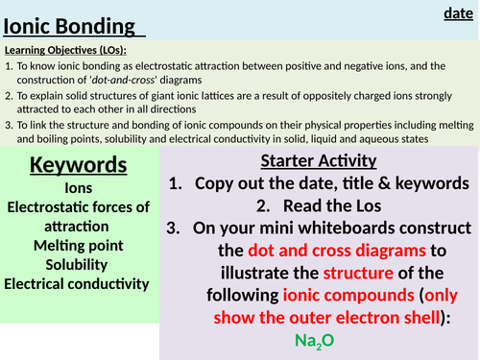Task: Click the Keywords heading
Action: click(x=77, y=164)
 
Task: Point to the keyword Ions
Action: click(x=77, y=189)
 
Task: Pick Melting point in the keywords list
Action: click(x=77, y=246)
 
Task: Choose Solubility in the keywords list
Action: click(x=77, y=264)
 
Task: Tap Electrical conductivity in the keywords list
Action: click(x=77, y=283)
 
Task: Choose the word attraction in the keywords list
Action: click(x=77, y=227)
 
